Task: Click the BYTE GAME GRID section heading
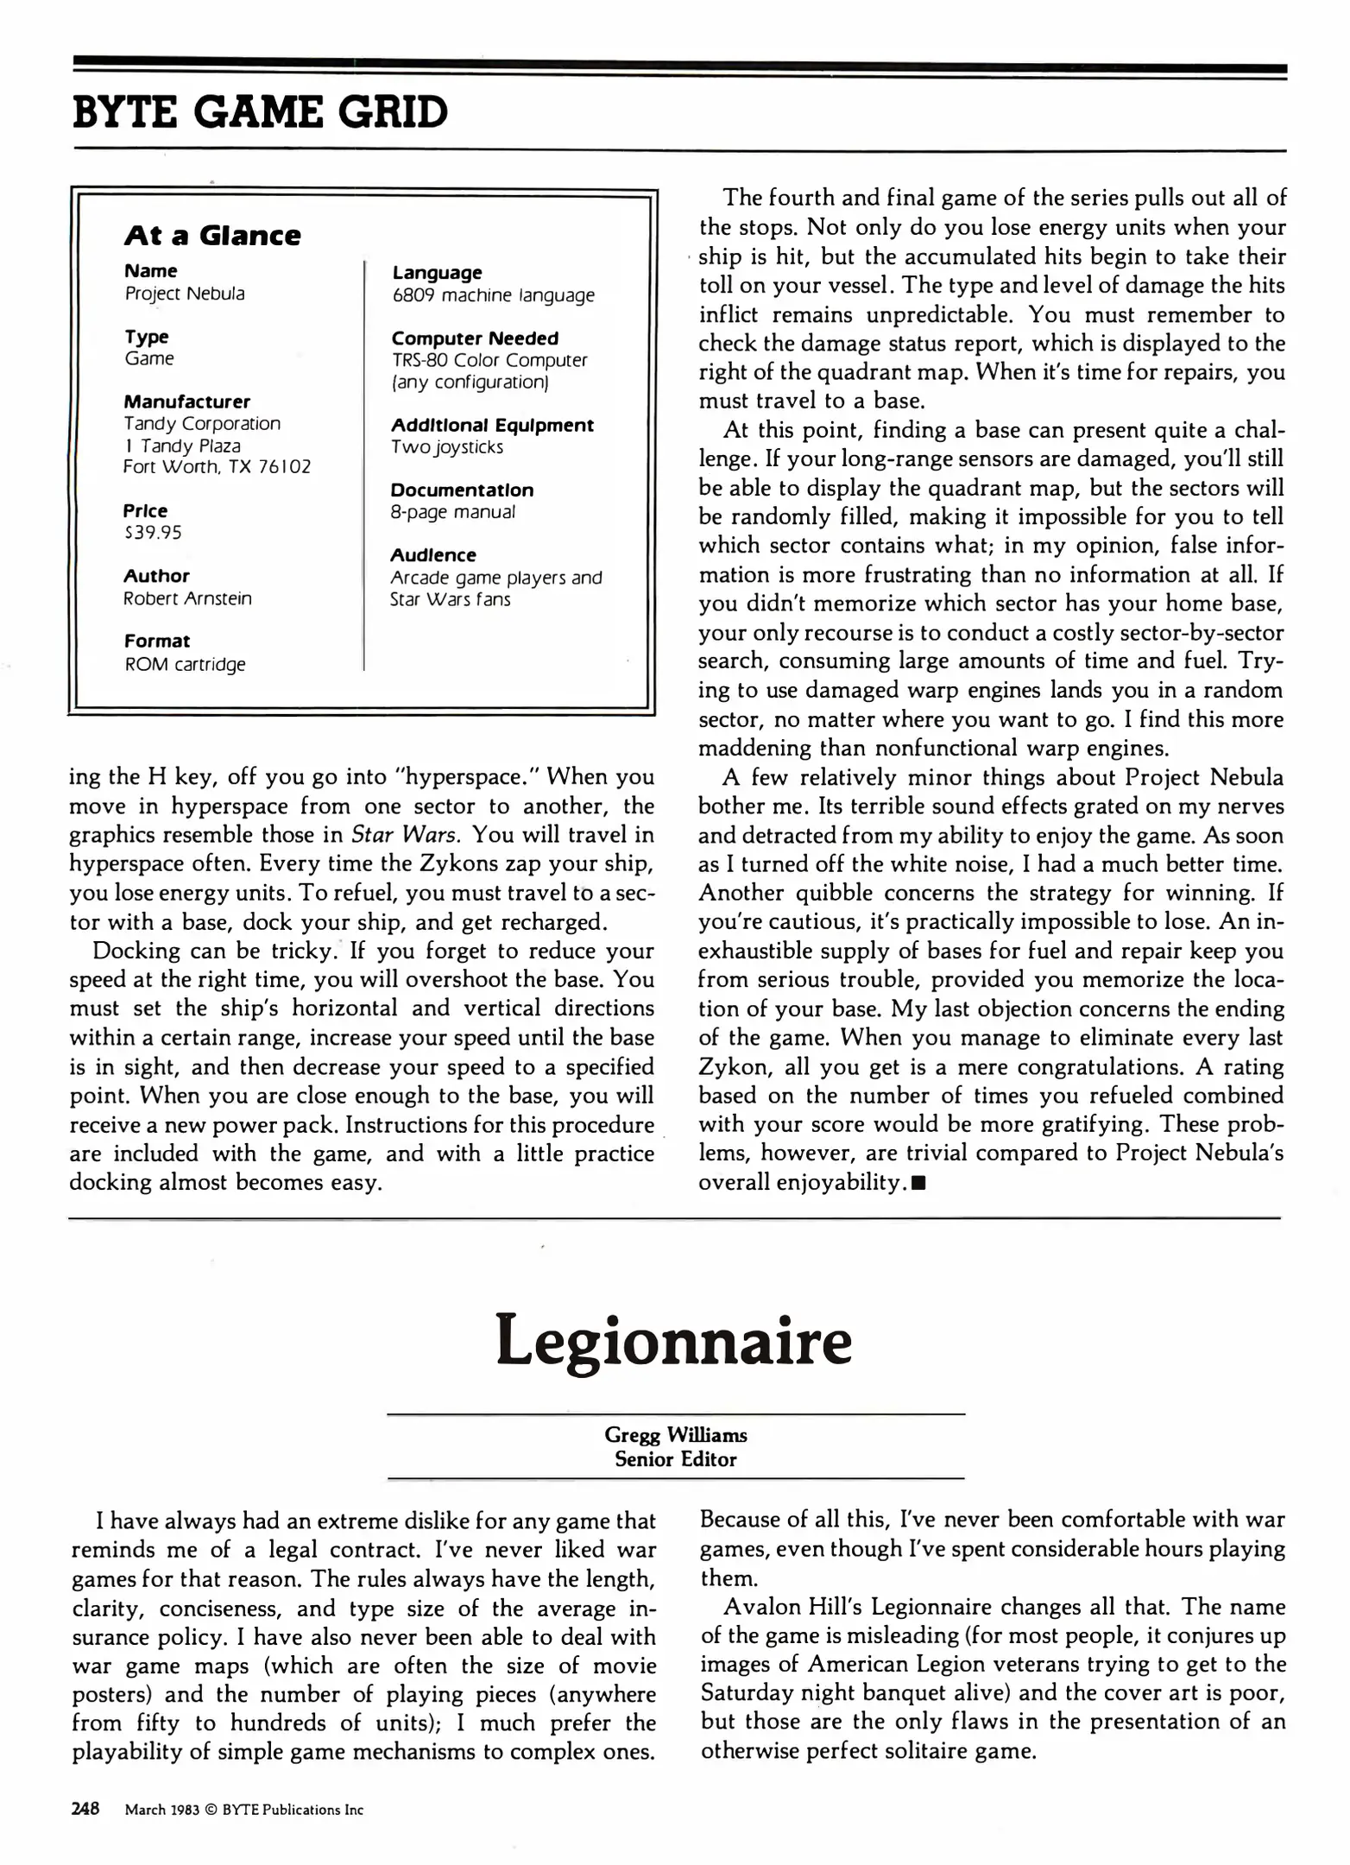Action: [x=261, y=112]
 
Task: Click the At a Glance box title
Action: [x=212, y=236]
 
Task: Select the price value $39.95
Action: [x=153, y=533]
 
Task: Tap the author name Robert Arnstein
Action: [x=187, y=598]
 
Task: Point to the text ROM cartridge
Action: [x=185, y=664]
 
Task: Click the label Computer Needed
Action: [x=475, y=338]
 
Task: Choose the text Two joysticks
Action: [x=446, y=447]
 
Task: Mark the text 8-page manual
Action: [x=452, y=512]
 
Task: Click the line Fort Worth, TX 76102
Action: [x=217, y=467]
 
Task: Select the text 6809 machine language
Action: [x=493, y=295]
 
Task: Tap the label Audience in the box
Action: [x=433, y=555]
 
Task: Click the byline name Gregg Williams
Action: [x=675, y=1435]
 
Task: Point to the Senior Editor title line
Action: [x=675, y=1459]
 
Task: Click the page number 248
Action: [x=85, y=1809]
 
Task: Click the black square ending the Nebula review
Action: [x=918, y=1184]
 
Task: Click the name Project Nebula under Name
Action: [x=185, y=294]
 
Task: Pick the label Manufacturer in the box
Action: [x=186, y=401]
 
